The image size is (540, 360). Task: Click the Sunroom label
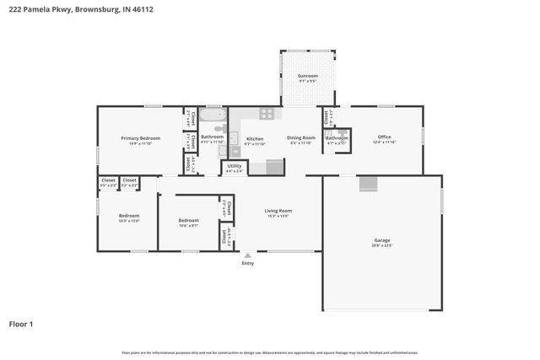(307, 76)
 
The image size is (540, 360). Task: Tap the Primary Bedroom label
(140, 137)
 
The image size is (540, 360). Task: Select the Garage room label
(382, 240)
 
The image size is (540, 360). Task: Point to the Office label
(384, 137)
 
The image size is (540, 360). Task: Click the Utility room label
(235, 167)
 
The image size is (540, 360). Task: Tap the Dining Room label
(301, 137)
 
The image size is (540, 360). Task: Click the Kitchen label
(254, 138)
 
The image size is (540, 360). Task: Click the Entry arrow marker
(247, 255)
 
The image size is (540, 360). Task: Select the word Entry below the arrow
(247, 264)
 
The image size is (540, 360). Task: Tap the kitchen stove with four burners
(267, 112)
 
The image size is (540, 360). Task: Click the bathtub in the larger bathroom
(213, 116)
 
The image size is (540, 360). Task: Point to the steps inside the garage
(368, 184)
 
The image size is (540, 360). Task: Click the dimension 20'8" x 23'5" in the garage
(382, 246)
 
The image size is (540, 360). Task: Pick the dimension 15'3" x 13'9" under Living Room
(278, 216)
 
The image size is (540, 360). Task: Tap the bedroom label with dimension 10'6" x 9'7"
(187, 220)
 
